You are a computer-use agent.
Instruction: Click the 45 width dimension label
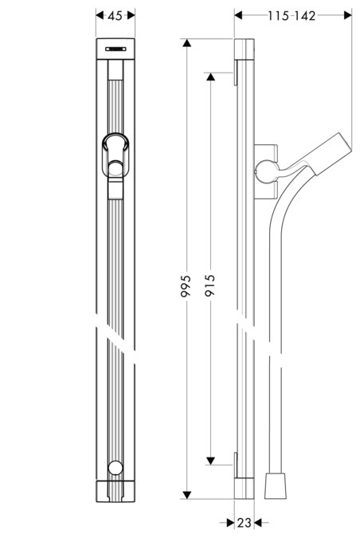pos(115,15)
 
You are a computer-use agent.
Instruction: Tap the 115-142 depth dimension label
pos(292,15)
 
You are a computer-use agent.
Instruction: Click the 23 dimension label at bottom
pos(244,523)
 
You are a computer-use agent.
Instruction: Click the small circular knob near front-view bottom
pos(117,469)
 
